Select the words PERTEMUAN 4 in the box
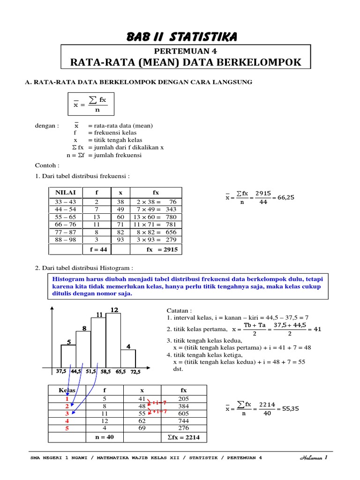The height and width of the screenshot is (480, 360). point(186,51)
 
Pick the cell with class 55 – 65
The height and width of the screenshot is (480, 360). point(65,217)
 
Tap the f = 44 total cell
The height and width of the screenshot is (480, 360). point(98,250)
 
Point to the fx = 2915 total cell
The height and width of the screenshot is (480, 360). point(162,250)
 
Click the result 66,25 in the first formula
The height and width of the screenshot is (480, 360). point(286,197)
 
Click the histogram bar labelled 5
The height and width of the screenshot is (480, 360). point(68,355)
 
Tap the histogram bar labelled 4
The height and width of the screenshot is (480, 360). point(128,358)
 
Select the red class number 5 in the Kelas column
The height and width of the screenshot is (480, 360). point(67,428)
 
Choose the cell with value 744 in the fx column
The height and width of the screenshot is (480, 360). point(183,421)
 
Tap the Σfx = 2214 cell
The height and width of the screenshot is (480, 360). point(183,437)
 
